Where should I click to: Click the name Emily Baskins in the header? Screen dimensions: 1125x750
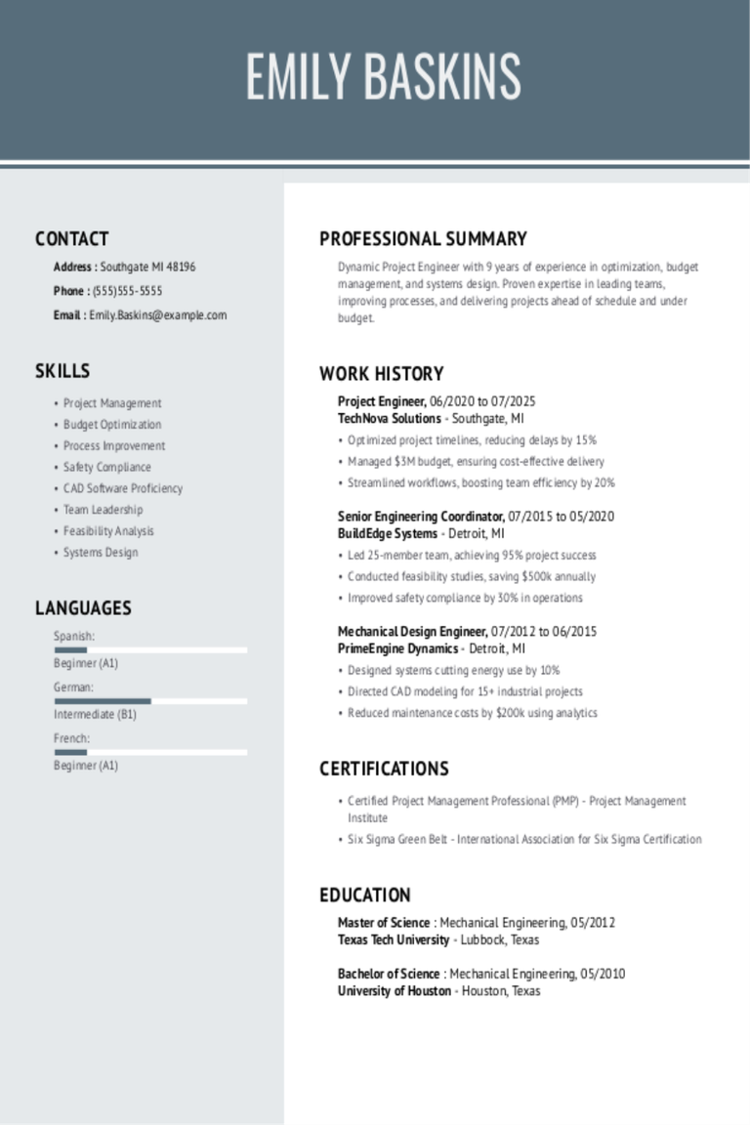click(x=383, y=77)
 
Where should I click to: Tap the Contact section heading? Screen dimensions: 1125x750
click(x=71, y=238)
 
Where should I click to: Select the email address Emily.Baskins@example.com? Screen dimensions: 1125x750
click(x=157, y=315)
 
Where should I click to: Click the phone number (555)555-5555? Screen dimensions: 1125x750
click(x=127, y=291)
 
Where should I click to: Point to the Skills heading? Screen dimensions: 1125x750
click(x=62, y=371)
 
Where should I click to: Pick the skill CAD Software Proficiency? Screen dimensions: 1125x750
click(x=123, y=488)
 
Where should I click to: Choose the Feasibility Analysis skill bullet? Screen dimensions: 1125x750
click(x=108, y=531)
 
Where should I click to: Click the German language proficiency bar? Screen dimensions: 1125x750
click(x=150, y=701)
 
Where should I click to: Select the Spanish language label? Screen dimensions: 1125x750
click(x=73, y=636)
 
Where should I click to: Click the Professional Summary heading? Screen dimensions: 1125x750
click(x=423, y=238)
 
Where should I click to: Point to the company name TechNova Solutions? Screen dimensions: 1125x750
click(x=390, y=419)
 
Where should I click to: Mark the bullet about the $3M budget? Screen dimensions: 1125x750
click(x=476, y=462)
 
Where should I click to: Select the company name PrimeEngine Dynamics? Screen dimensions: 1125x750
click(x=397, y=648)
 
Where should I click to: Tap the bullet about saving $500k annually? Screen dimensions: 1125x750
click(x=472, y=577)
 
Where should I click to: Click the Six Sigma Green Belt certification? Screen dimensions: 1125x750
click(x=524, y=839)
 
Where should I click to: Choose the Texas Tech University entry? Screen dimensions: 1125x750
click(x=394, y=940)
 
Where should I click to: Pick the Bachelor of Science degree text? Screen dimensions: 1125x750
click(x=389, y=974)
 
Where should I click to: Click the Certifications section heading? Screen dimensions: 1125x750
click(x=384, y=769)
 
